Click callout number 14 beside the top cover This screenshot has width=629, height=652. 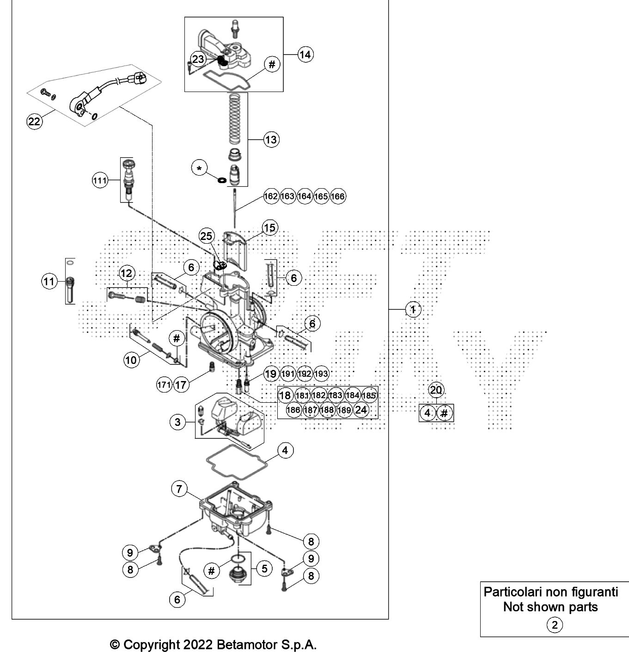pyautogui.click(x=305, y=55)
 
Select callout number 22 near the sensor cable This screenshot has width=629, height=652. pyautogui.click(x=34, y=122)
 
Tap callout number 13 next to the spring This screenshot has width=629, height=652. pyautogui.click(x=271, y=139)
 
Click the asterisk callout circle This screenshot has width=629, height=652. pyautogui.click(x=199, y=169)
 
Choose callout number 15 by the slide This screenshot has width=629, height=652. pyautogui.click(x=269, y=228)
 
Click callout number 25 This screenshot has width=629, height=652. pyautogui.click(x=206, y=236)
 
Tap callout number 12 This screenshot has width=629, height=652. pyautogui.click(x=127, y=273)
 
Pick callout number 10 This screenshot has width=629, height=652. pyautogui.click(x=132, y=359)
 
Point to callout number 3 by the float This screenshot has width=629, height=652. pyautogui.click(x=178, y=422)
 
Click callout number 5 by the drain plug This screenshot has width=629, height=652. pyautogui.click(x=264, y=568)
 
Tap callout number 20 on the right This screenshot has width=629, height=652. pyautogui.click(x=436, y=390)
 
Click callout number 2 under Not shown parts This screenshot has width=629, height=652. pyautogui.click(x=555, y=625)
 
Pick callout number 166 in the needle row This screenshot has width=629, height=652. pyautogui.click(x=338, y=197)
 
